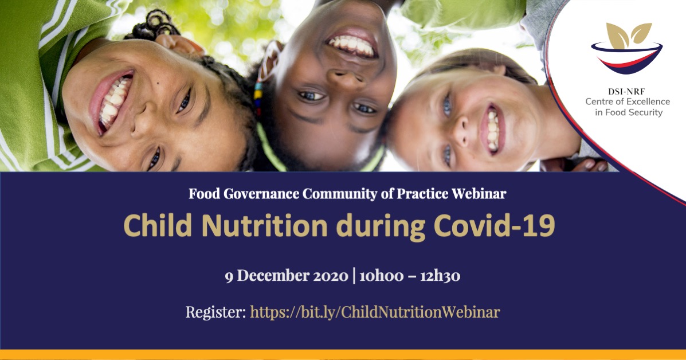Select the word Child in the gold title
(x=158, y=226)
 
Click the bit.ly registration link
(x=375, y=312)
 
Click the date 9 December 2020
(x=287, y=276)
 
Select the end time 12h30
(x=440, y=276)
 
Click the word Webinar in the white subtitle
(x=479, y=193)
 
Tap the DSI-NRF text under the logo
(x=626, y=92)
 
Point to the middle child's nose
(x=345, y=78)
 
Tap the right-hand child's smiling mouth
(x=492, y=130)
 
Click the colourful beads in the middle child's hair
(x=258, y=99)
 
